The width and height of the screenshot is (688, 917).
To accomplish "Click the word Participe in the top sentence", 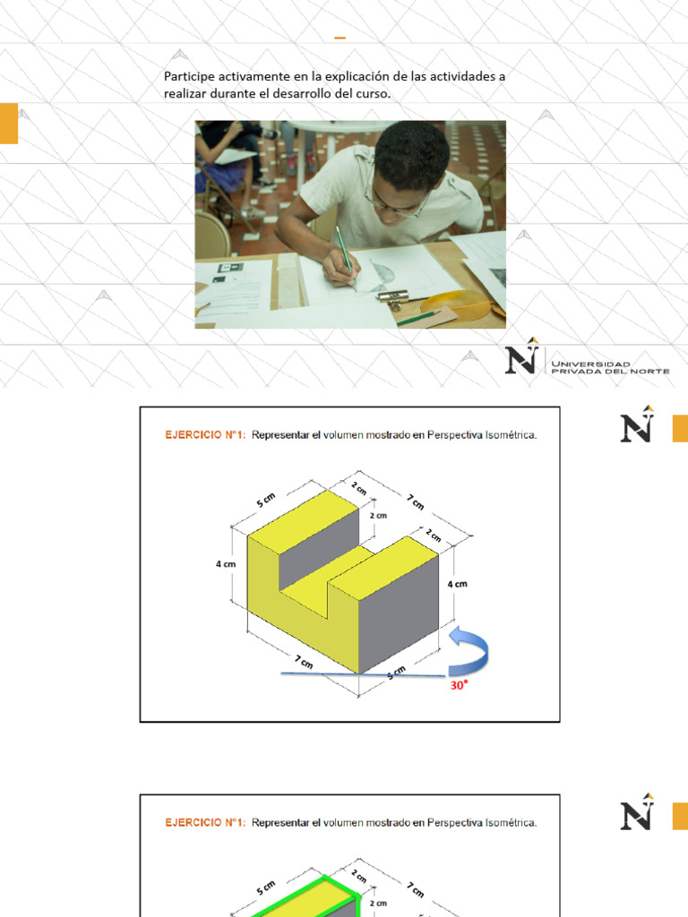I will point(190,77).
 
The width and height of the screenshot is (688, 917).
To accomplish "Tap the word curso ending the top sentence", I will point(373,94).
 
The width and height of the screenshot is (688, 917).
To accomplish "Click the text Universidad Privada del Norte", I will point(610,367).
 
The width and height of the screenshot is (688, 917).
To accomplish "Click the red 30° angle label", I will point(459,686).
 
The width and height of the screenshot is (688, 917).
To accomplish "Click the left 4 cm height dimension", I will point(225,564).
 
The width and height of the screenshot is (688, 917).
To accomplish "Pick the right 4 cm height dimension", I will point(457,583).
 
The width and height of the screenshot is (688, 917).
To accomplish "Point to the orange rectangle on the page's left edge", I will point(8,124).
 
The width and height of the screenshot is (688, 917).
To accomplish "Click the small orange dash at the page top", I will point(340,39).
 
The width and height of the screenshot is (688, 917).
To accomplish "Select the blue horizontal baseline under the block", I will point(358,673).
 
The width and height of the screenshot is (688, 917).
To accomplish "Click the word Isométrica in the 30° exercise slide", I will point(507,435).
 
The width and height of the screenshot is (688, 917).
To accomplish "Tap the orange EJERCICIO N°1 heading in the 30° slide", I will point(205,435).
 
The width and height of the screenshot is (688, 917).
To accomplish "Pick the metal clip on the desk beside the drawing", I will point(394,294).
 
